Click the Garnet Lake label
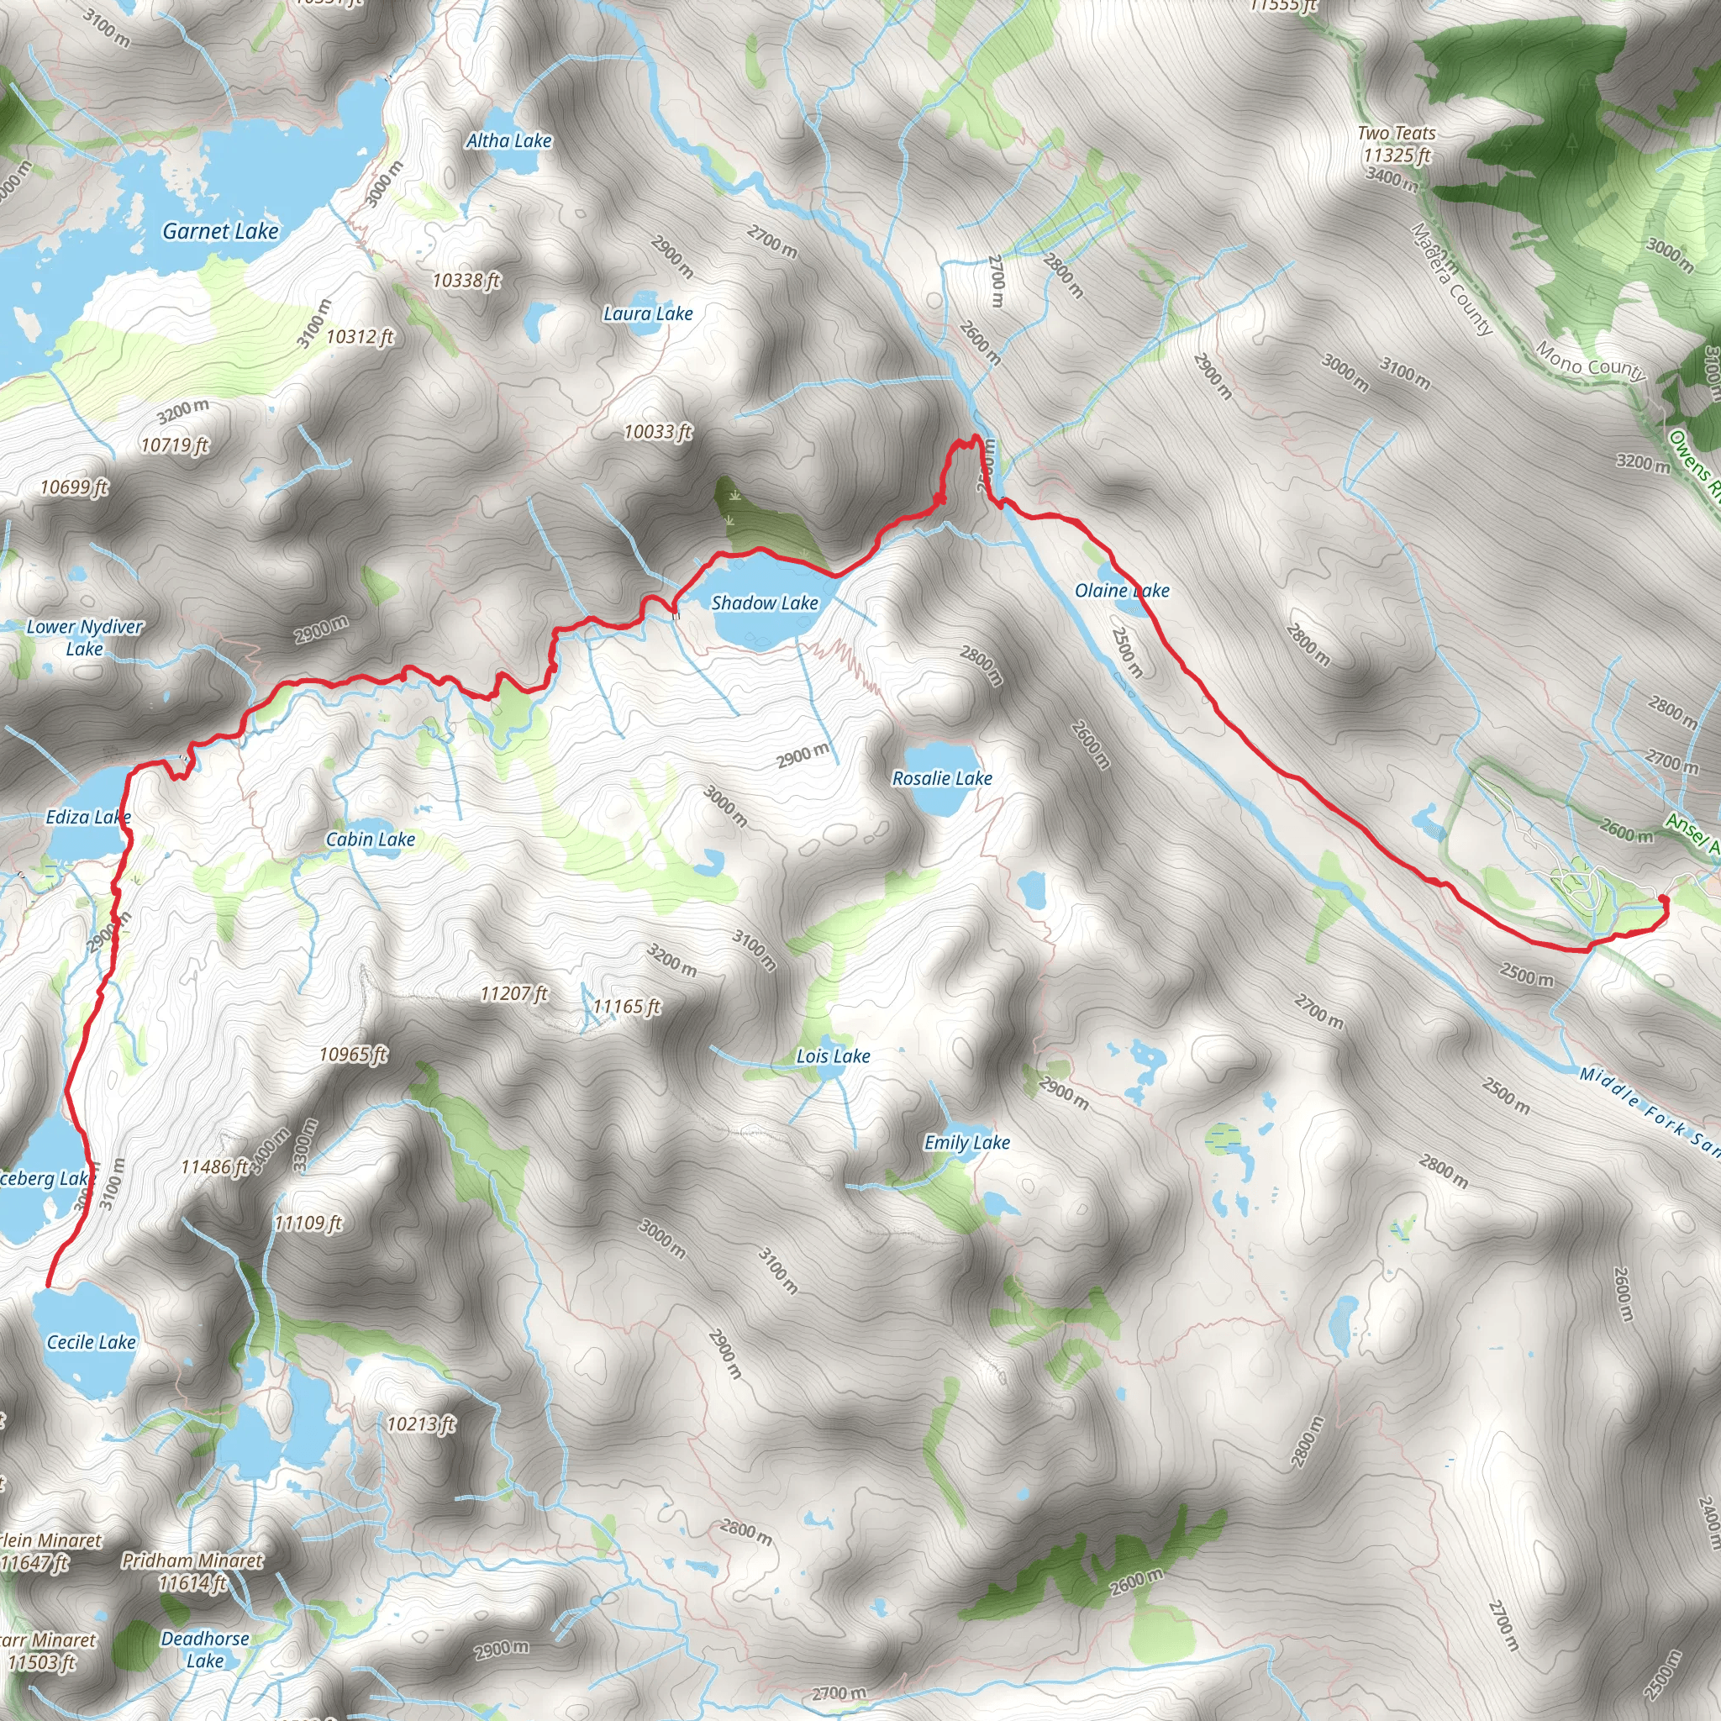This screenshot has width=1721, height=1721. click(x=220, y=232)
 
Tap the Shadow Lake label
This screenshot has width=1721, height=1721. click(x=765, y=603)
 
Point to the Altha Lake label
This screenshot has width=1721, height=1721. click(x=508, y=140)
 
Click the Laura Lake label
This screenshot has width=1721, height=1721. click(x=648, y=313)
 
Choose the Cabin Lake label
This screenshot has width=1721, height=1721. click(x=370, y=839)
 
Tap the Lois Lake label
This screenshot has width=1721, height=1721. click(x=833, y=1056)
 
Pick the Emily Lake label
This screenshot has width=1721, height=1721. click(x=966, y=1142)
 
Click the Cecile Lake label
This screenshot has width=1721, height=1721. click(x=91, y=1342)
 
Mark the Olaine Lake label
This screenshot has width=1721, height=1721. click(x=1122, y=591)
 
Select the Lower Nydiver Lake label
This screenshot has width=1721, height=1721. click(x=85, y=638)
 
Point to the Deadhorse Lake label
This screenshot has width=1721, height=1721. click(x=205, y=1649)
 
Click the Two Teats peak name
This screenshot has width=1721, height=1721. click(x=1396, y=134)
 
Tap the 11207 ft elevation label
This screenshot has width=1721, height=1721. click(x=514, y=993)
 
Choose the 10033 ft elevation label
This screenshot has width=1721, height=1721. click(x=657, y=432)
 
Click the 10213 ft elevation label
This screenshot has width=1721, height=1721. click(x=420, y=1424)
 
